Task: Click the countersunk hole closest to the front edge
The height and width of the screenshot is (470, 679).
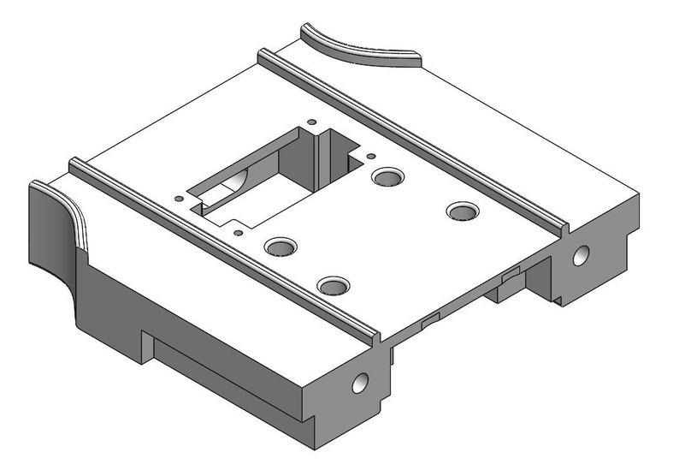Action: click(334, 284)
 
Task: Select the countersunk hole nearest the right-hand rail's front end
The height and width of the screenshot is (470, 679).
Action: click(463, 210)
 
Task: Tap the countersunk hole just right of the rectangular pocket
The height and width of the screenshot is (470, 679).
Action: click(387, 176)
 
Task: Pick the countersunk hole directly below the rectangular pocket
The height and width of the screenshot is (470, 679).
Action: click(280, 247)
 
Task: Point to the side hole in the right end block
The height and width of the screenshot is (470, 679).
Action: click(581, 254)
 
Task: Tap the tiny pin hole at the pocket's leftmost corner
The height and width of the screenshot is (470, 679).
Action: click(179, 199)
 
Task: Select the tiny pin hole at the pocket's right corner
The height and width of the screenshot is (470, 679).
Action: click(371, 156)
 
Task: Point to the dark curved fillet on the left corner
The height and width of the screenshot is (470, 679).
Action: click(56, 227)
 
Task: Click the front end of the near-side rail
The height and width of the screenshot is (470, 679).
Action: click(372, 336)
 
